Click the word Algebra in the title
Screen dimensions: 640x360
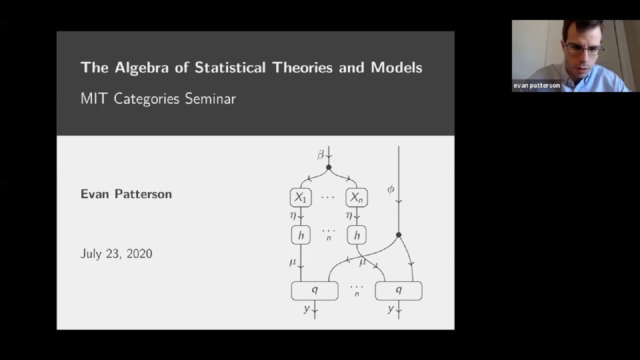pos(141,68)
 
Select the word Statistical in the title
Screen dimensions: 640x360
pos(230,67)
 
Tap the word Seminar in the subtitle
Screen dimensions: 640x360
pos(210,98)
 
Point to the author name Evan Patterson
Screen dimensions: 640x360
pos(126,194)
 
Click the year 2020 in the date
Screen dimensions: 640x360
pos(139,253)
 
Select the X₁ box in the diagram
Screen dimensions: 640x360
pos(301,197)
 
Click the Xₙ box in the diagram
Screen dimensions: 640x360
pos(356,197)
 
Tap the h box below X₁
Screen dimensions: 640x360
pos(301,235)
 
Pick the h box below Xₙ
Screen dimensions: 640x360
pos(356,235)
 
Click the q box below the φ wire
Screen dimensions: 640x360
pos(398,291)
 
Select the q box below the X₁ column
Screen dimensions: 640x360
pos(315,291)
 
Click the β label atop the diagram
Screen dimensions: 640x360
pos(320,155)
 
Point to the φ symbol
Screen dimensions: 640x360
pos(390,189)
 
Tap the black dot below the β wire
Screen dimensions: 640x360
pos(328,167)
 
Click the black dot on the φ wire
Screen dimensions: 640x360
pos(398,235)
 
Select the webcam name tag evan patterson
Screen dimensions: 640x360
pos(536,85)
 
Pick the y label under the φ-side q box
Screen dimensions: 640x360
pos(390,308)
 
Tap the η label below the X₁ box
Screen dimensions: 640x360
pos(293,215)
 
